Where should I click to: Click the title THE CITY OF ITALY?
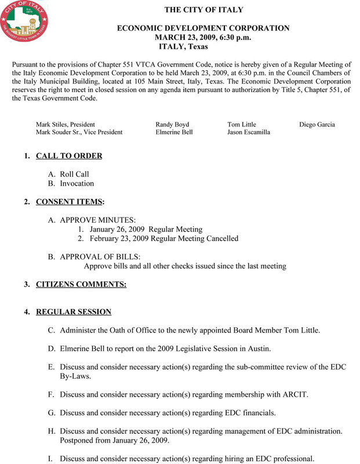coord(203,10)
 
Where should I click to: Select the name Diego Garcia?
coord(317,125)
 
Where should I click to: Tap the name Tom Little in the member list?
coord(241,125)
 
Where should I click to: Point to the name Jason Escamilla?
coord(248,132)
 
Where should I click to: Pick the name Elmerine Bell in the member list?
coord(174,132)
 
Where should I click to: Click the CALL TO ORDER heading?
coord(69,156)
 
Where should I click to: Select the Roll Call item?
coord(74,174)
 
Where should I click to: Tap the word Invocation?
coord(77,183)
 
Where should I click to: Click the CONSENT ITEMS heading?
coord(70,202)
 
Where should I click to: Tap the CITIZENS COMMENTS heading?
coord(81,284)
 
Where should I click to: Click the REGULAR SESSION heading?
coord(74,312)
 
